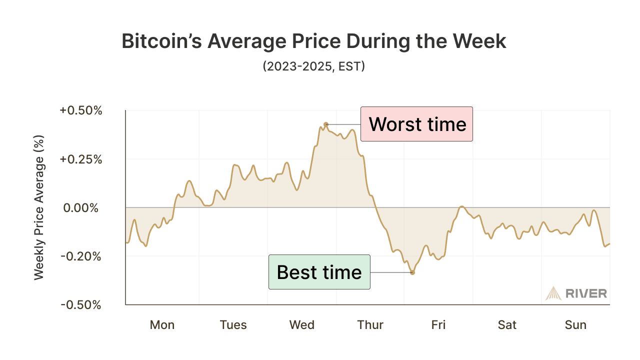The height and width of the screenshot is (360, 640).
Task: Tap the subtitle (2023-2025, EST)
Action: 314,66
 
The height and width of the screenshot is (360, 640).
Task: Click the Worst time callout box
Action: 416,124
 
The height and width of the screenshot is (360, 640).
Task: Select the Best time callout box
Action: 319,272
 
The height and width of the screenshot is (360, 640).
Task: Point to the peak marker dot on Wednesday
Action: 325,124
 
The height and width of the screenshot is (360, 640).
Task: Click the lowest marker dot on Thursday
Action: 412,272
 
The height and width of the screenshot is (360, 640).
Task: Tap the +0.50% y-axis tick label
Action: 81,110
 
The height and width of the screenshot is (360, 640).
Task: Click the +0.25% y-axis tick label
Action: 81,159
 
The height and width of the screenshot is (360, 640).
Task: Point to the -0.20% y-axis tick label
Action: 81,256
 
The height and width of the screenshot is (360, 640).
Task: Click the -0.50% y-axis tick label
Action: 81,305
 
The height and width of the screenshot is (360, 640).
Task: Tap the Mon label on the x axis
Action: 162,325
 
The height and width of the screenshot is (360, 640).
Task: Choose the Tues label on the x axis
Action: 233,325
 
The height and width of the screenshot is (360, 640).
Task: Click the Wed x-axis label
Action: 302,325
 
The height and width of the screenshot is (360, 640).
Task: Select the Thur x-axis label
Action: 370,325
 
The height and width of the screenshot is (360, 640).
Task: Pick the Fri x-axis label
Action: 438,325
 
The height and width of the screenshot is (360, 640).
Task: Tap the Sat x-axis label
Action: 507,325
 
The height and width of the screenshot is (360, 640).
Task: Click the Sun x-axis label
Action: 575,325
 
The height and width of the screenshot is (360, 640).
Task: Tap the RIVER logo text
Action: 586,293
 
